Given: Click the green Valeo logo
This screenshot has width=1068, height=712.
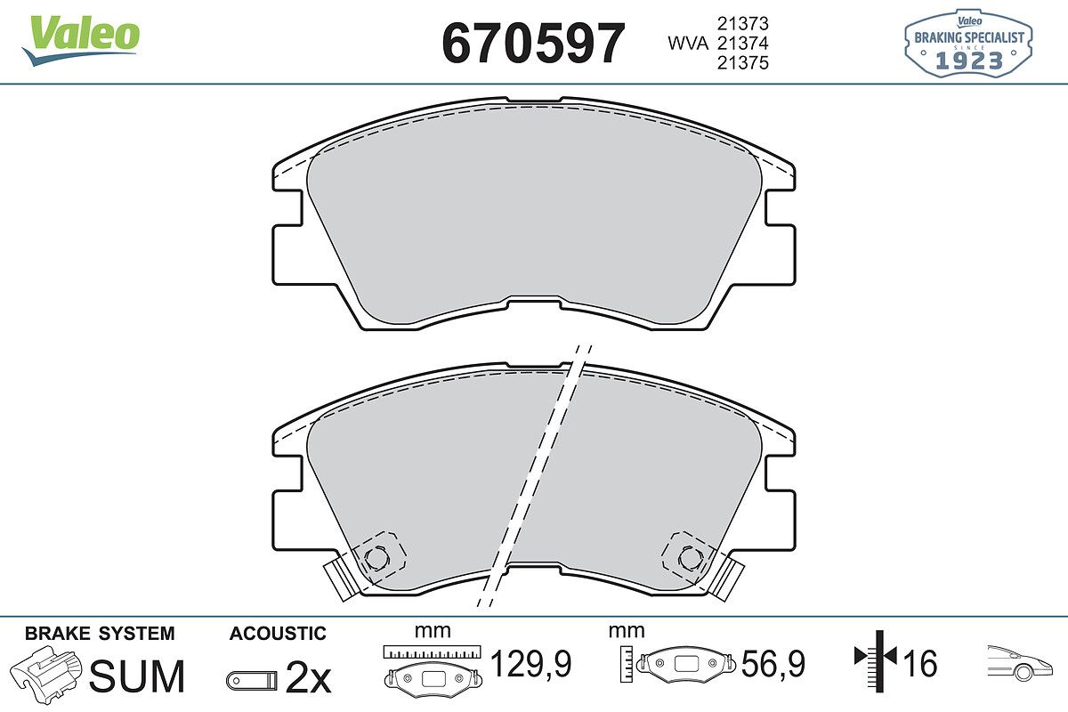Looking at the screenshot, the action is pyautogui.click(x=81, y=40).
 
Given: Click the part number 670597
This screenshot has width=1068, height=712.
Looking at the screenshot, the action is pyautogui.click(x=533, y=44).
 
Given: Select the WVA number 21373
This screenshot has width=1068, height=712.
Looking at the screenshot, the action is pyautogui.click(x=743, y=23).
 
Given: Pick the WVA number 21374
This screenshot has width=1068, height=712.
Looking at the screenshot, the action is pyautogui.click(x=743, y=44).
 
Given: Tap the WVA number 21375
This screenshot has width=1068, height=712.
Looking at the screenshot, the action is pyautogui.click(x=743, y=63).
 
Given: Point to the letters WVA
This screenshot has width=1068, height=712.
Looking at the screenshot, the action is pyautogui.click(x=688, y=44).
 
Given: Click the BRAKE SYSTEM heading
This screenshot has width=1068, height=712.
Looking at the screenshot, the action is pyautogui.click(x=100, y=634).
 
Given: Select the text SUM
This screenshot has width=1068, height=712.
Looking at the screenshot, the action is pyautogui.click(x=137, y=676).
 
